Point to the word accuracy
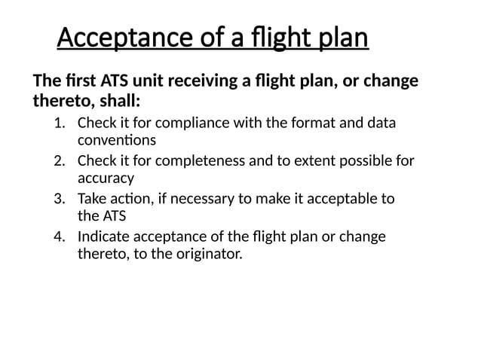(x=106, y=178)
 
